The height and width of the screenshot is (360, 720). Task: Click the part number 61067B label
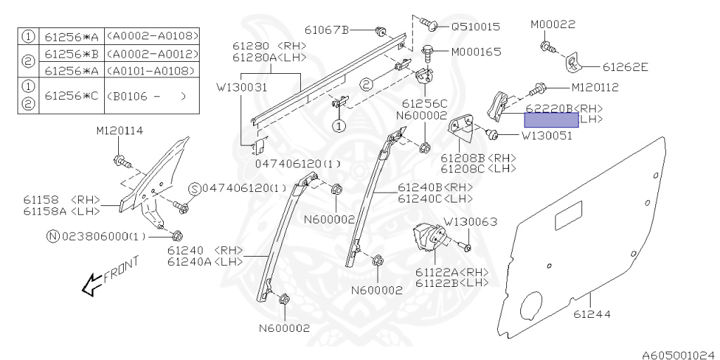click(327, 30)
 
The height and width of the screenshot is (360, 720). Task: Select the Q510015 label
click(475, 27)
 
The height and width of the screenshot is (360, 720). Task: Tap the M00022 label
click(553, 24)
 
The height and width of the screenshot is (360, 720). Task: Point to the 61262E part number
click(625, 67)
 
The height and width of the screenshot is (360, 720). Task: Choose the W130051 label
click(546, 136)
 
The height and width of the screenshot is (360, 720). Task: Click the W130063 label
click(470, 221)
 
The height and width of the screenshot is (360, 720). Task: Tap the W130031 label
click(241, 88)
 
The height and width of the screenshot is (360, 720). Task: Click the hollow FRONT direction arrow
click(90, 285)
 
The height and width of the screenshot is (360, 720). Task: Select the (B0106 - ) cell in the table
click(149, 97)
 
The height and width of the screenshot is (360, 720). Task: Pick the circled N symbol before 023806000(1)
click(52, 236)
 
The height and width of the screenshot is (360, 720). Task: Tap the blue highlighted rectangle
click(546, 120)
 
